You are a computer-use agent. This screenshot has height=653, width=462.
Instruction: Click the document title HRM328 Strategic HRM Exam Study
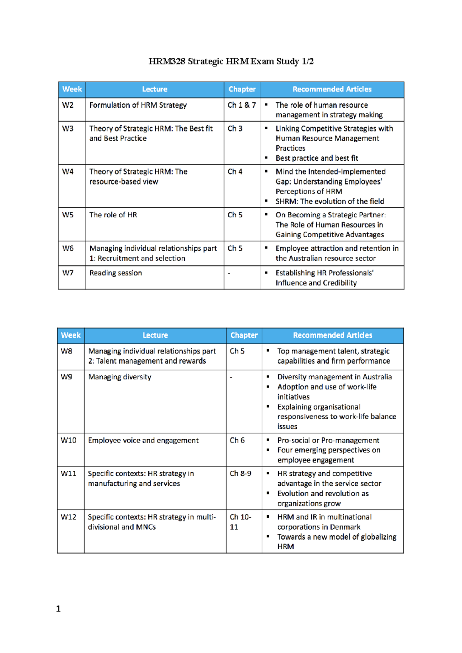click(x=231, y=62)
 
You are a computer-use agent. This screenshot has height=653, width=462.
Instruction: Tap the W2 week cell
click(x=68, y=105)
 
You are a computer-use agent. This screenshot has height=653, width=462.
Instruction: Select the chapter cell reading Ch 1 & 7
click(x=241, y=105)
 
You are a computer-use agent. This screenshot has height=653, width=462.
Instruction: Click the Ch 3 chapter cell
click(x=235, y=128)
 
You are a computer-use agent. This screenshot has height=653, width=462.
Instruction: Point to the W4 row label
click(x=68, y=172)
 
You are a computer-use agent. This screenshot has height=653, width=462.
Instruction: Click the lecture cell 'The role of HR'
click(x=113, y=215)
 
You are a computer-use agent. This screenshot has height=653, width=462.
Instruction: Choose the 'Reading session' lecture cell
click(x=115, y=273)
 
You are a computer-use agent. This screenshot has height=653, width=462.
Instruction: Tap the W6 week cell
click(x=68, y=248)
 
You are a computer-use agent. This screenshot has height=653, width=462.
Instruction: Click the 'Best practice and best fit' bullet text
click(x=316, y=158)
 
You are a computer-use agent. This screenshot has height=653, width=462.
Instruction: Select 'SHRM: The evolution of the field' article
click(x=330, y=201)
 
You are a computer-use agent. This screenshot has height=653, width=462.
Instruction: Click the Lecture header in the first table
click(x=155, y=89)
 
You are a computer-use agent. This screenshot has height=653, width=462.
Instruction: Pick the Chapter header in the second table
click(x=244, y=335)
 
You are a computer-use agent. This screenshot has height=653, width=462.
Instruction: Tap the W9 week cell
click(x=66, y=377)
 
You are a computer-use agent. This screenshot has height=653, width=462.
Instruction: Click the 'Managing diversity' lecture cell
click(x=120, y=377)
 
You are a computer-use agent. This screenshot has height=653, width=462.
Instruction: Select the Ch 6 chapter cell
click(x=237, y=440)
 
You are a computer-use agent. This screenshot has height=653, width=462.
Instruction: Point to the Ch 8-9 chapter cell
click(x=240, y=473)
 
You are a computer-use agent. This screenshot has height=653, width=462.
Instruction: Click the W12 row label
click(x=69, y=517)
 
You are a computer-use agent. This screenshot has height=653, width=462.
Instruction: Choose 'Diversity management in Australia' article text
click(x=334, y=377)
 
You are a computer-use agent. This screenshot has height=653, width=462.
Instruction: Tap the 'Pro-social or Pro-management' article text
click(x=328, y=440)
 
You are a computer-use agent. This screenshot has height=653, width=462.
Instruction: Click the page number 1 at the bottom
click(x=59, y=609)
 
